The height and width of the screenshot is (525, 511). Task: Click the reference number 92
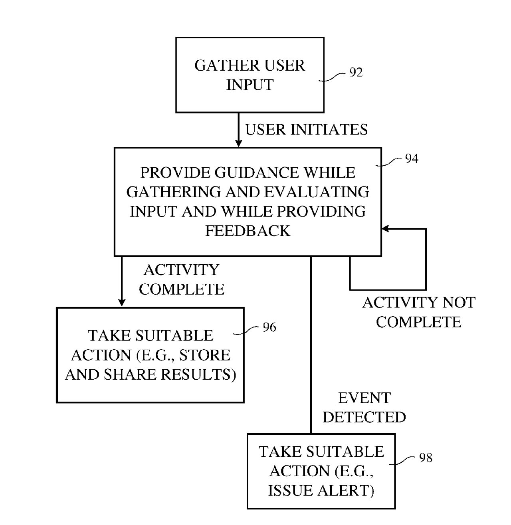click(356, 72)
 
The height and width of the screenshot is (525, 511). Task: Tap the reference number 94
click(412, 158)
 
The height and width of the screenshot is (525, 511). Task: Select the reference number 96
click(269, 327)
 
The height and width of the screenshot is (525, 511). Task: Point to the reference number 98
click(426, 458)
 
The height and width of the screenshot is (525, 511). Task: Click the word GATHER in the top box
click(227, 65)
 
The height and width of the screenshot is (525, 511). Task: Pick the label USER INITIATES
click(306, 129)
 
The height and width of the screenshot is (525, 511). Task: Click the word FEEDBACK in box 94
click(248, 231)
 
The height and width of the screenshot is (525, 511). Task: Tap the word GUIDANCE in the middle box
click(257, 172)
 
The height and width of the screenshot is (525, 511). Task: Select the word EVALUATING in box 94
click(317, 192)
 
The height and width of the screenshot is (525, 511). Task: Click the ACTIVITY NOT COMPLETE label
click(419, 312)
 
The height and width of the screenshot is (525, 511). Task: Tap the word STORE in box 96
click(204, 355)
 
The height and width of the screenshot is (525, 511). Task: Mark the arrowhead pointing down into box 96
click(122, 303)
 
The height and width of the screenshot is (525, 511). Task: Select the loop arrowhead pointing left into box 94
click(385, 229)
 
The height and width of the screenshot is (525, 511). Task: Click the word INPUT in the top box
click(250, 85)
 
